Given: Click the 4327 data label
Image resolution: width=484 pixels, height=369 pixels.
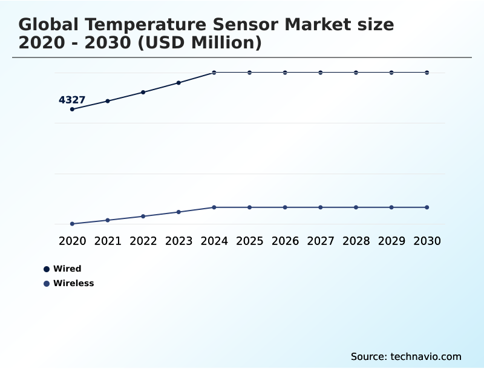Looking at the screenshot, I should tap(71, 100).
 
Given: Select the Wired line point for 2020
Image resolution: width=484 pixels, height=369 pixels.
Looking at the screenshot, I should tap(72, 109).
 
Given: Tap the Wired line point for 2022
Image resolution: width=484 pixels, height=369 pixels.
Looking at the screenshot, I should tap(143, 93).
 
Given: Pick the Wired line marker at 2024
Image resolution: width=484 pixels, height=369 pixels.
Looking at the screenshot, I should tap(214, 73).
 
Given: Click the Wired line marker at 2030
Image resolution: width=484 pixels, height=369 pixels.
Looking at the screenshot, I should tap(427, 73).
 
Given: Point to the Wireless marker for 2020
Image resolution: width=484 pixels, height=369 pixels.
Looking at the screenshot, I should tap(72, 224).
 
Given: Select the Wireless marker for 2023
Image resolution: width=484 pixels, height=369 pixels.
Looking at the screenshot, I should tap(178, 212).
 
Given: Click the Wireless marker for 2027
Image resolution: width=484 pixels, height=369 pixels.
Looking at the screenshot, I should tap(321, 207).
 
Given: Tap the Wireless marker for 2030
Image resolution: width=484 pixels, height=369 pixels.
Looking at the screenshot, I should tap(427, 207).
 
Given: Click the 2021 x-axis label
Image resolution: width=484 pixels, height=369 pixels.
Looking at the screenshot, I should tap(108, 241).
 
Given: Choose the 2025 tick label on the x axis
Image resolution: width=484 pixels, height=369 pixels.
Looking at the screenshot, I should tap(249, 241).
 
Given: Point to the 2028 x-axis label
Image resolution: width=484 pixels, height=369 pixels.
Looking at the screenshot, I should tap(356, 241).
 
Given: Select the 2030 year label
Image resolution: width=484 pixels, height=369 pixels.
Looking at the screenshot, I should tap(427, 241).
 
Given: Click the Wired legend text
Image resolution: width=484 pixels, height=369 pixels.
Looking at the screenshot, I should tap(67, 269).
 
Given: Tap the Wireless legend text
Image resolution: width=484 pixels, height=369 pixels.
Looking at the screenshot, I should tap(74, 284).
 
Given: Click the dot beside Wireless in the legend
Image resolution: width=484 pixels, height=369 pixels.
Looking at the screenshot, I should tap(47, 284).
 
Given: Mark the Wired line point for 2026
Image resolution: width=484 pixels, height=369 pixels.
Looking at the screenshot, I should tap(285, 73).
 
